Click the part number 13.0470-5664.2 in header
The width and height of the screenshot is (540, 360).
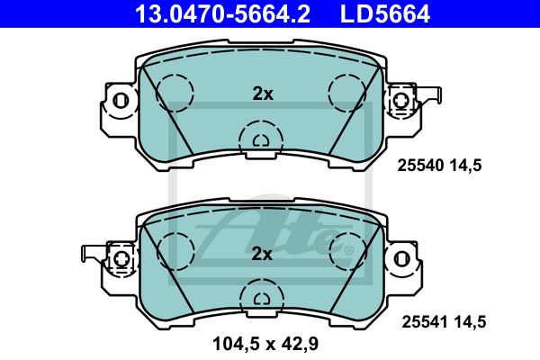222,13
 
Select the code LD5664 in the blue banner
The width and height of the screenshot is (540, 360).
384,13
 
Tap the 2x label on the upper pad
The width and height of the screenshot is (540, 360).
263,94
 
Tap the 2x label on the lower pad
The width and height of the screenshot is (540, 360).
262,254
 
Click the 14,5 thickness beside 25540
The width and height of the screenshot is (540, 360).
465,166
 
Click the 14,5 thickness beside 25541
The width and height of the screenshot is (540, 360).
470,322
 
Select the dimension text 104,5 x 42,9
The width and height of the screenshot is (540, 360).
265,344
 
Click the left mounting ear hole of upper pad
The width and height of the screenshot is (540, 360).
121,101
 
